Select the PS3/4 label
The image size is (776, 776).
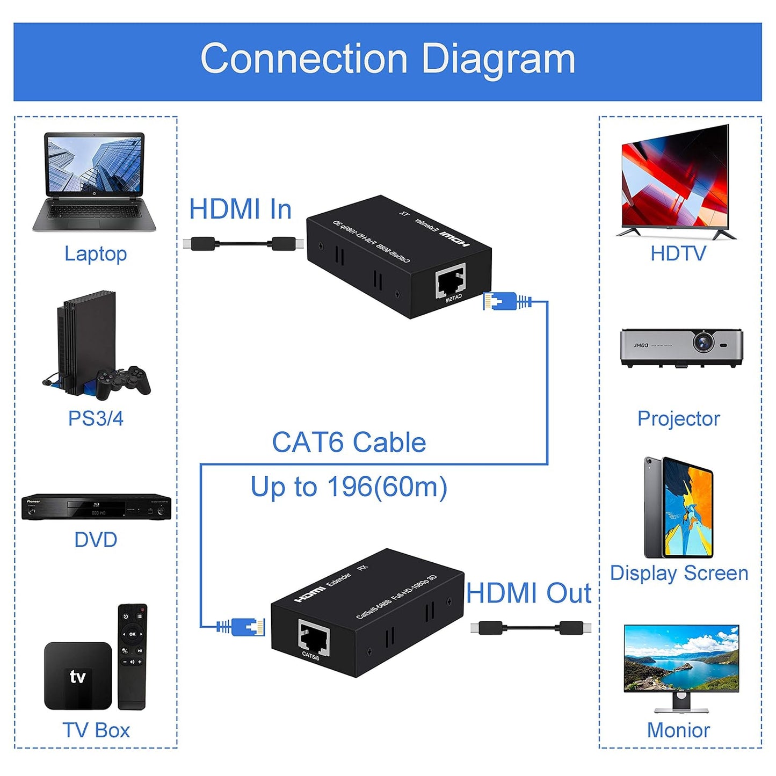point(96,418)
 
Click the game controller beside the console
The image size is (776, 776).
point(124,382)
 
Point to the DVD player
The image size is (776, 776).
point(96,507)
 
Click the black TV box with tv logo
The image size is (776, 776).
point(78,676)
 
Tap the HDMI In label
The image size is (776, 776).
point(240,209)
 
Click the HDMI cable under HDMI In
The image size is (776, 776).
point(243,244)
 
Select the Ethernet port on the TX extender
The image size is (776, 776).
point(450,280)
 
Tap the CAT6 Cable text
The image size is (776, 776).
point(349,443)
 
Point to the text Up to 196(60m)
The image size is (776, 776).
point(349,487)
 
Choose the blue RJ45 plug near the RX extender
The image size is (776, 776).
point(244,626)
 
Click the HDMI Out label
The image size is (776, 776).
point(528,593)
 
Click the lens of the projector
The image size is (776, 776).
point(703,342)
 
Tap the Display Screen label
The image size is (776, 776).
point(679,573)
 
